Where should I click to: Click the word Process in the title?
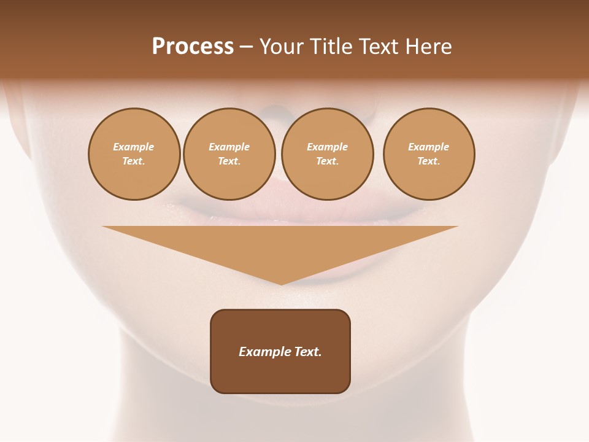point(193,47)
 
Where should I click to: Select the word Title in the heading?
point(332,47)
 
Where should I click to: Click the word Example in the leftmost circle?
point(134,147)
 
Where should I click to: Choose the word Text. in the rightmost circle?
point(429,161)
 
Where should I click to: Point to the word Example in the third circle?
point(328,147)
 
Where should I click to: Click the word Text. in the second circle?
point(229,161)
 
